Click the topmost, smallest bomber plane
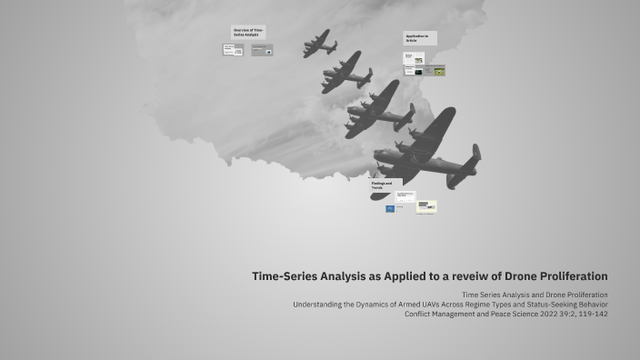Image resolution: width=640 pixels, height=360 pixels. coord(319,43)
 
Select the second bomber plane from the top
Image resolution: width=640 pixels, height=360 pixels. coord(345,73)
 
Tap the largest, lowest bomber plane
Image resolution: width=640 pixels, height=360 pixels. coord(424,150)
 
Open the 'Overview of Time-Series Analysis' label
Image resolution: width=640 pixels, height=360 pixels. coord(248,33)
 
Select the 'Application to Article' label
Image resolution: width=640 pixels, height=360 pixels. coord(419,38)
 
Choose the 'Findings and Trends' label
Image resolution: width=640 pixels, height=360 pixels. coord(385,185)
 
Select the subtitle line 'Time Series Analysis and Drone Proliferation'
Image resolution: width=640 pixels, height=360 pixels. coord(535,295)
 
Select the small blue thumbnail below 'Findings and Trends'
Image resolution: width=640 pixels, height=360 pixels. coord(390,209)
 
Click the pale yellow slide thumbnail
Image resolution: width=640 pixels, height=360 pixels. coord(426,206)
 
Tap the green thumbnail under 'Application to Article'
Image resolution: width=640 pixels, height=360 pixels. coord(439,70)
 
